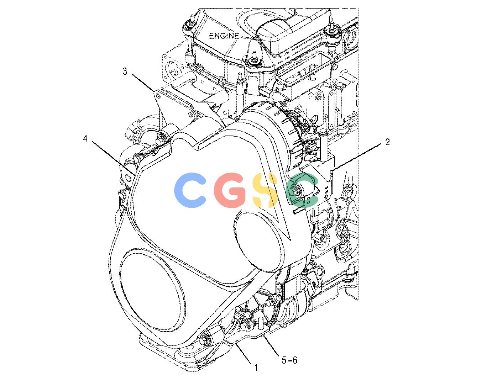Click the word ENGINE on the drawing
coord(224,36)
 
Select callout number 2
coord(387,142)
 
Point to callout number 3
coord(125,72)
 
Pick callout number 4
coord(85,138)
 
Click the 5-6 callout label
coord(289,360)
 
